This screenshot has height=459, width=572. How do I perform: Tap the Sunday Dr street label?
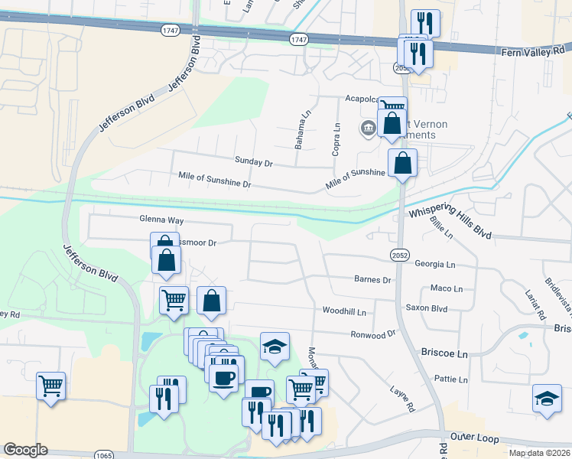coord(254,163)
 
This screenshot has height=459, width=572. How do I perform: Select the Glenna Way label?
coord(161,220)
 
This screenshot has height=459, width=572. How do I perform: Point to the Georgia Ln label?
coord(435,264)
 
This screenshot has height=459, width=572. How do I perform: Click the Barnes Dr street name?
coord(372,280)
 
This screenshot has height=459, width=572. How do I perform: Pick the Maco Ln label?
coord(447,288)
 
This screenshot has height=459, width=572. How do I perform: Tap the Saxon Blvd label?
coord(427,308)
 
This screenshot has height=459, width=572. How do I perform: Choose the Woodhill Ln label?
coord(344,311)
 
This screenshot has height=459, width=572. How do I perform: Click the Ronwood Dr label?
coord(373,334)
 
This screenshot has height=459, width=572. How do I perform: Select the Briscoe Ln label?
coord(444,354)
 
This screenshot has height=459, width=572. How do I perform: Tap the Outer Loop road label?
coord(474,439)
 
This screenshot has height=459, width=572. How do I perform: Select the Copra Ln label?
coord(336,138)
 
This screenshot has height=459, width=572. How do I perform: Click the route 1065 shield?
coord(105,455)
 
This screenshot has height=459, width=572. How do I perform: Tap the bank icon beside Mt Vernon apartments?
coord(369,127)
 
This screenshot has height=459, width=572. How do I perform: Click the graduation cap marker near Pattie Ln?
coord(547,398)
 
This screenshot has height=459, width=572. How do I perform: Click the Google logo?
coord(25,450)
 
